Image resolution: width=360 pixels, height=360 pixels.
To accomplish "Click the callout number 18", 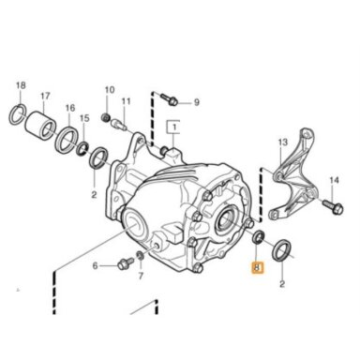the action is click(x=21, y=85).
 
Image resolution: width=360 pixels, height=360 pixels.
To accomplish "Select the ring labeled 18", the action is click(x=13, y=117).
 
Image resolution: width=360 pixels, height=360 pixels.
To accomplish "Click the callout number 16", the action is click(x=70, y=108).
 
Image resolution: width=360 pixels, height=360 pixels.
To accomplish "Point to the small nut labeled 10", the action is click(x=106, y=117).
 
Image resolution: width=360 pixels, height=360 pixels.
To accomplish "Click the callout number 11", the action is click(x=126, y=101).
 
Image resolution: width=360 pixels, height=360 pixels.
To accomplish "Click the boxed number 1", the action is click(x=173, y=127).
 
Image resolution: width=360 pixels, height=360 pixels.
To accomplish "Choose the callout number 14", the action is click(x=334, y=180).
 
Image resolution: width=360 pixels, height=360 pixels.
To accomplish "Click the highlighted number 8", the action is click(x=258, y=267).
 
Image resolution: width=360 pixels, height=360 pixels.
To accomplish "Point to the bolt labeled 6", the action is click(x=125, y=263).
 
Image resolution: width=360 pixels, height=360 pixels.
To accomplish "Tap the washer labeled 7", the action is click(x=141, y=255).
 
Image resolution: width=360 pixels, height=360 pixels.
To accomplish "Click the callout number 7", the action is click(x=141, y=276).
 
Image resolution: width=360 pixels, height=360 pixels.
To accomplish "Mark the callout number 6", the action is click(x=95, y=266).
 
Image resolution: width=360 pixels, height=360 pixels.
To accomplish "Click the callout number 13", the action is click(x=282, y=142).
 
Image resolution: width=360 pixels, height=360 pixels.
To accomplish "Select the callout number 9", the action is click(x=196, y=102).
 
